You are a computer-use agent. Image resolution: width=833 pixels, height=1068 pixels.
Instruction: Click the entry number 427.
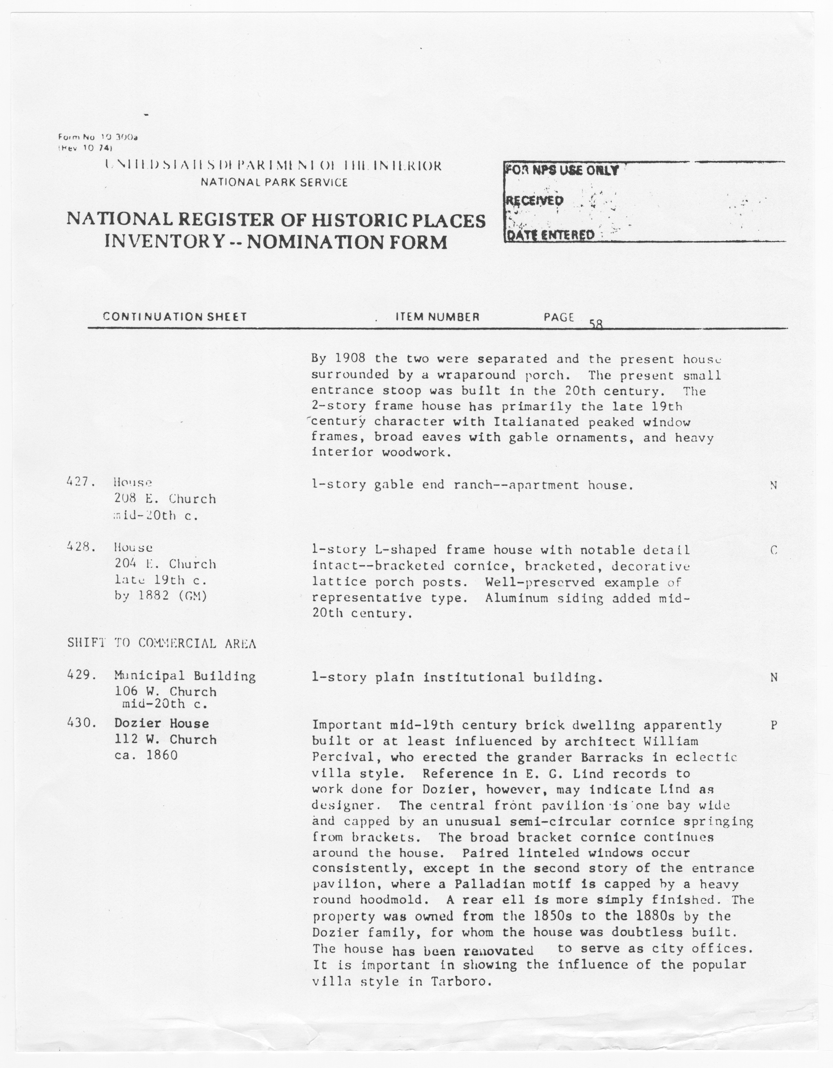80,482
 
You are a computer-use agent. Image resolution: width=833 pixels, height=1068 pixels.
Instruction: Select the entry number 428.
80,547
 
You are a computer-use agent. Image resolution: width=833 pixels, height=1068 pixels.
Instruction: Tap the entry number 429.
80,675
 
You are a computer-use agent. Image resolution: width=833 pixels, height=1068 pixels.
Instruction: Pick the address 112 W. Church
165,740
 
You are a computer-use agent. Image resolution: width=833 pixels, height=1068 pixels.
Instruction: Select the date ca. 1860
146,755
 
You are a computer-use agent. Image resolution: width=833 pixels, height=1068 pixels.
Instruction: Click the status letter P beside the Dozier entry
774,726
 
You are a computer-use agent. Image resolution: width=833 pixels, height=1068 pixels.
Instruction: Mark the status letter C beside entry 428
774,550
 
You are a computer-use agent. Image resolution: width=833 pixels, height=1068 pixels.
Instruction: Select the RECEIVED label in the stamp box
535,200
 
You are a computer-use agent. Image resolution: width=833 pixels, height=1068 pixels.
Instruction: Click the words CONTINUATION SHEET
175,317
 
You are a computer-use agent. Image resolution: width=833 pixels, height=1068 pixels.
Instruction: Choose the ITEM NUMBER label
437,317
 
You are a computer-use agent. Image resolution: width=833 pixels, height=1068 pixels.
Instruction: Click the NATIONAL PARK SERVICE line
274,182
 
